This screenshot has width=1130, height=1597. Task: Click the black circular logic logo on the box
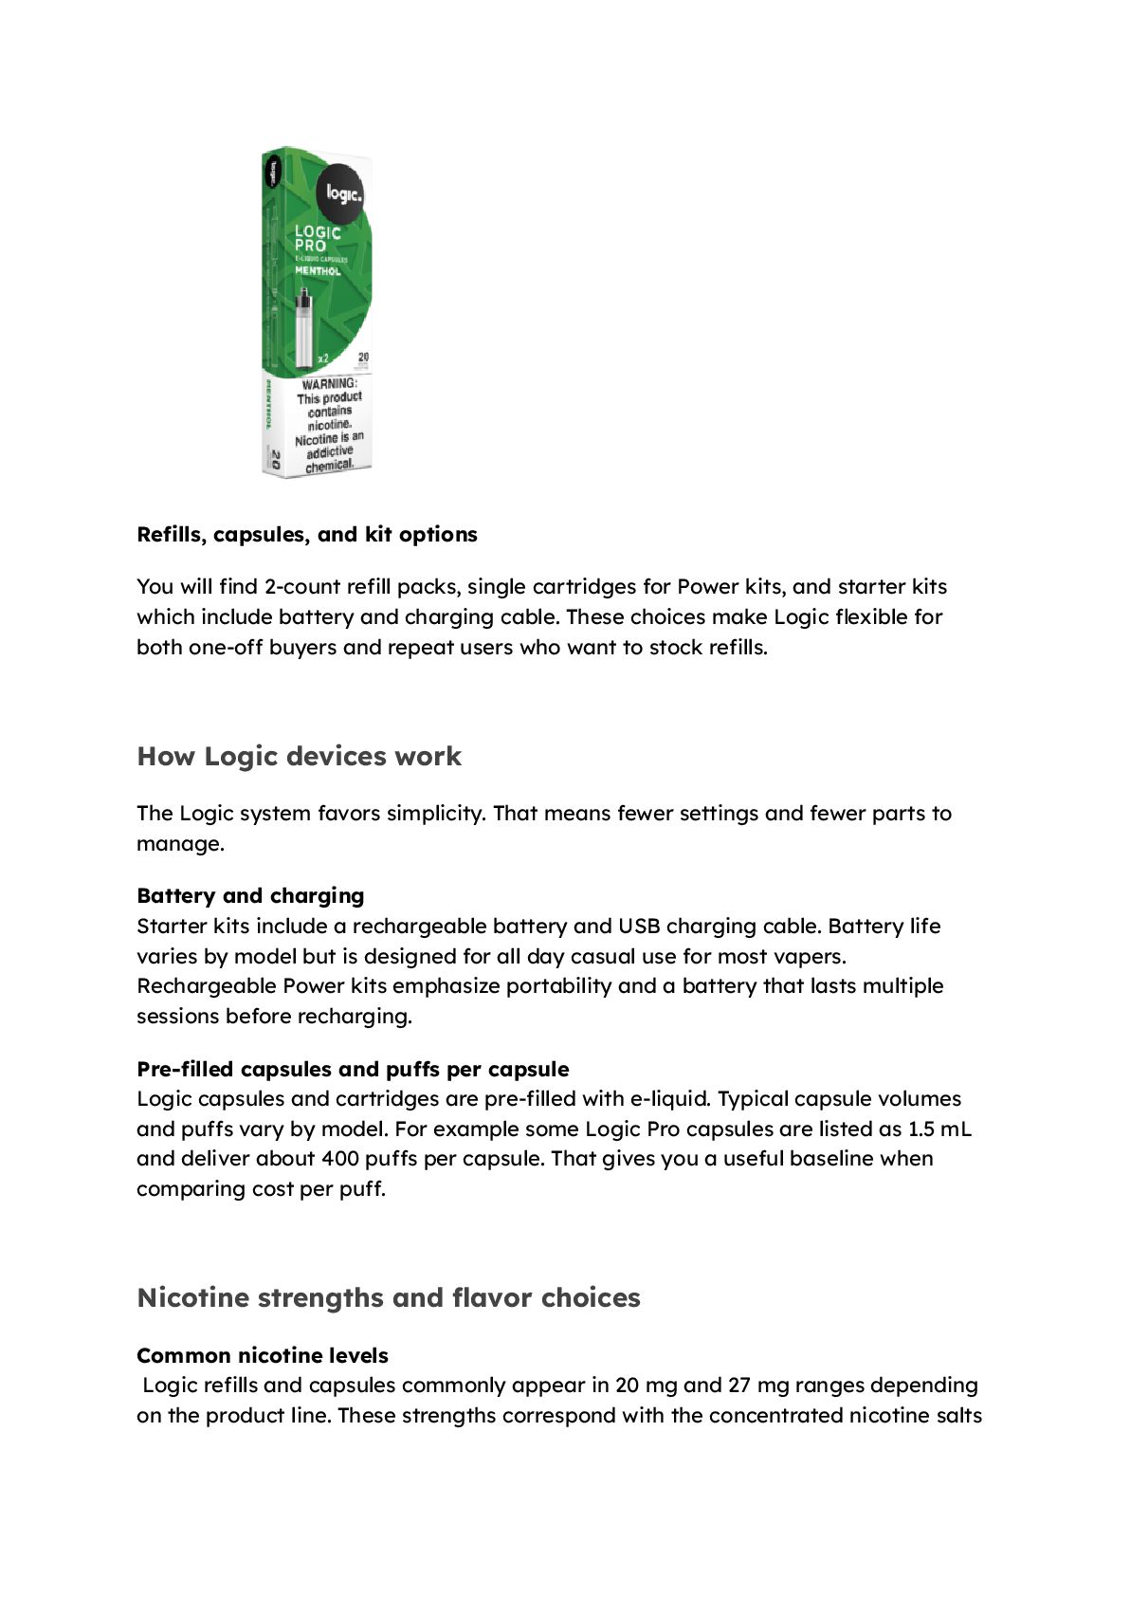[342, 193]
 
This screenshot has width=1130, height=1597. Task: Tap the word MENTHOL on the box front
[318, 271]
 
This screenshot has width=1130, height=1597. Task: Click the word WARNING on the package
[328, 384]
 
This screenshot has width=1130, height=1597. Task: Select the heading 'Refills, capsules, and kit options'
[306, 535]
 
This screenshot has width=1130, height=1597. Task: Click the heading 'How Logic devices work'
[299, 757]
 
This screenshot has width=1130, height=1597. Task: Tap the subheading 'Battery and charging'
[250, 896]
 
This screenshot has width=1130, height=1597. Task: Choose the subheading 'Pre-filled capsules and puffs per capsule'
[353, 1070]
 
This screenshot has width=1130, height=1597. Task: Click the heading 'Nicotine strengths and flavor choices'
[389, 1297]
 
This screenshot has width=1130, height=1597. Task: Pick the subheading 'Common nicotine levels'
[263, 1356]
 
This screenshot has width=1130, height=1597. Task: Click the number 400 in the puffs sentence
[340, 1159]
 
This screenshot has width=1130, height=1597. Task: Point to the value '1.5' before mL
[920, 1129]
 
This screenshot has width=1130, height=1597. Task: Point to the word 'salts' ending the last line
[957, 1416]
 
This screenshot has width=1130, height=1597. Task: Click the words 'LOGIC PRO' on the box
[317, 238]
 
